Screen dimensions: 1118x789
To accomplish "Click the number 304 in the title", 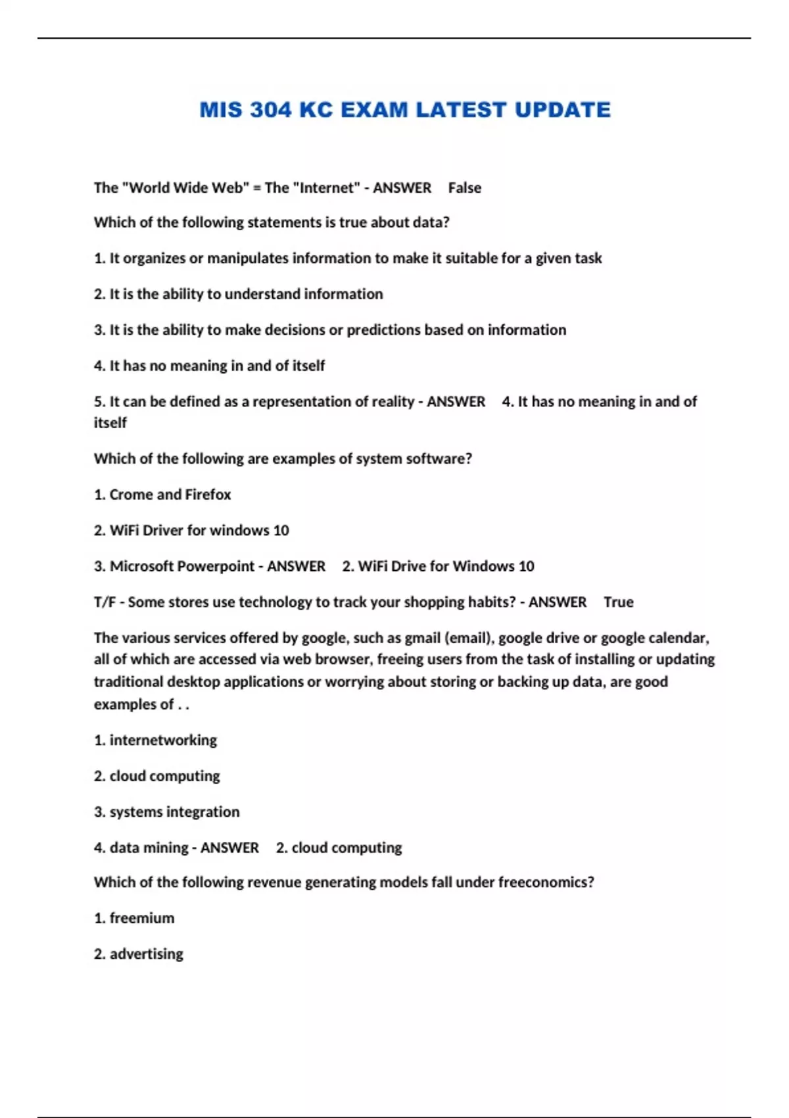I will [270, 110].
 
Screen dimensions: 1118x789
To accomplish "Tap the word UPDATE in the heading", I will [563, 110].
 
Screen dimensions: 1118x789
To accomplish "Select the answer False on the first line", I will [464, 188].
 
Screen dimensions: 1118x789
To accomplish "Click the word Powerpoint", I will [215, 566].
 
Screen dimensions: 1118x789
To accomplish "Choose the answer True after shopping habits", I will [618, 602].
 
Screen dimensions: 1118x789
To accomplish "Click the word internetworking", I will [163, 741].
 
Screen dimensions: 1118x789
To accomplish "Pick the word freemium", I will [142, 918].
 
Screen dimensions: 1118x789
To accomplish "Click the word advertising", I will [147, 954].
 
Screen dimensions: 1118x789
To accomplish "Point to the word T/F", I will [105, 602].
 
